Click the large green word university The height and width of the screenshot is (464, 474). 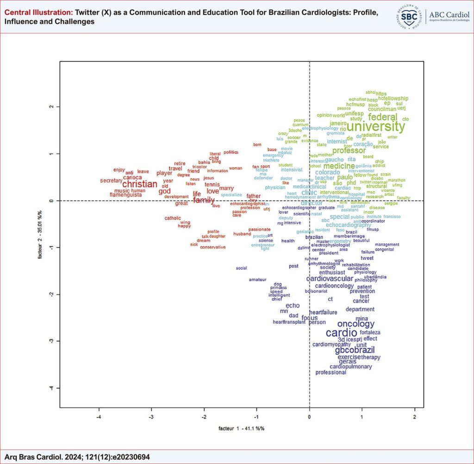coord(375,126)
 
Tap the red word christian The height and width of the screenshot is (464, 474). coord(139,184)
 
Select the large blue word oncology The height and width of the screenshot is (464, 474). coord(355,324)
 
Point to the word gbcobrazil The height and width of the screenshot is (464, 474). coord(355,350)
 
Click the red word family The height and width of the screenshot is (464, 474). coord(204,200)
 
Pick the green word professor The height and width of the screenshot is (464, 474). coord(349,150)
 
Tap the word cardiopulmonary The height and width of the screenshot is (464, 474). coord(350,366)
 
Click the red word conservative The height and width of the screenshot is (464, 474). coord(213,247)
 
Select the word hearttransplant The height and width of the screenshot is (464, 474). coord(289,322)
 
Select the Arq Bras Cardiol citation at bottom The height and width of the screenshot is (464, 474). coord(77,457)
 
